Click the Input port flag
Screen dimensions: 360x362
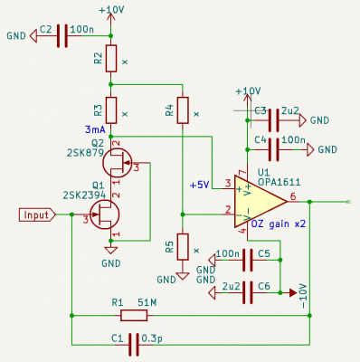point(37,214)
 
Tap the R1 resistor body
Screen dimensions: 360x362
point(134,316)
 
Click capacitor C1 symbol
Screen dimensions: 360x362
point(134,345)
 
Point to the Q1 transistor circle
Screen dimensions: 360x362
point(104,214)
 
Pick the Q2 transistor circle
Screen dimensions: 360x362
point(117,163)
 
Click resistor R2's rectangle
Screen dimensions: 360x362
point(111,59)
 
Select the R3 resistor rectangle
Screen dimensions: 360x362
point(111,110)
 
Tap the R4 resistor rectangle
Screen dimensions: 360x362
point(183,110)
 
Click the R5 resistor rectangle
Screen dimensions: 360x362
point(183,247)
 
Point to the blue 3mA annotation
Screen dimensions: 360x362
point(95,130)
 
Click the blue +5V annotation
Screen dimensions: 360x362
point(199,185)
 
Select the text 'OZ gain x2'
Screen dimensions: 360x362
point(279,224)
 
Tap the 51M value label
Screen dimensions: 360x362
point(147,302)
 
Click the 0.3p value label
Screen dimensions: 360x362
point(152,338)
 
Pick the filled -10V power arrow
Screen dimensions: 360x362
point(293,292)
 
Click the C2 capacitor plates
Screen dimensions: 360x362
point(62,36)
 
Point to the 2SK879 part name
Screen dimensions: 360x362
point(85,153)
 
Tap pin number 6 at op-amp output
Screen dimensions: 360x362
point(293,196)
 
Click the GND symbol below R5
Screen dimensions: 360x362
point(183,276)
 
